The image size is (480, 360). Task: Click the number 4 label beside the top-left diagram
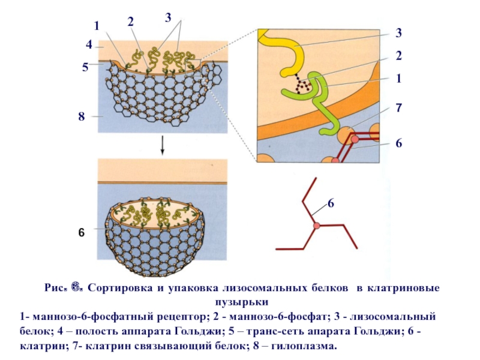coord(88,44)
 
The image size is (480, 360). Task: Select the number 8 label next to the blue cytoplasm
coord(81,116)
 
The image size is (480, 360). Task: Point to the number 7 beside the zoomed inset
coord(398,108)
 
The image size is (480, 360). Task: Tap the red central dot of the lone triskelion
coord(316,226)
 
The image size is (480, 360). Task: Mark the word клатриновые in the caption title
coord(406,288)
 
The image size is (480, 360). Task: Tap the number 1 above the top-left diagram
coord(96,25)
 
